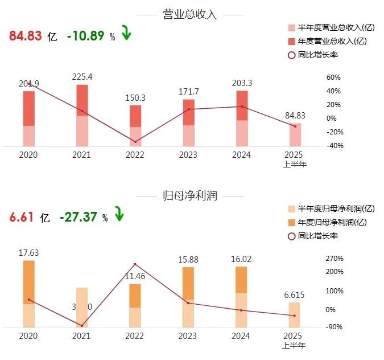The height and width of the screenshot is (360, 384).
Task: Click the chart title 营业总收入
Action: click(x=191, y=15)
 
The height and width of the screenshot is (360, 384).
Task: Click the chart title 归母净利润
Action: click(x=191, y=197)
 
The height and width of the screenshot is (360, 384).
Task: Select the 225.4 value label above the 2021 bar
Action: click(x=82, y=77)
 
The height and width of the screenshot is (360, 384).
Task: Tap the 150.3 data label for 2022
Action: click(x=135, y=98)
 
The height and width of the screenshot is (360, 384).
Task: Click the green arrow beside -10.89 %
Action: click(x=126, y=34)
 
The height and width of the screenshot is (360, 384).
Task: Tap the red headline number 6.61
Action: click(x=22, y=217)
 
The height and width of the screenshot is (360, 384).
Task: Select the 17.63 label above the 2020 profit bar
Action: click(x=28, y=252)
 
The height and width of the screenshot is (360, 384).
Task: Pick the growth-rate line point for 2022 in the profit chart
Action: click(x=135, y=264)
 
